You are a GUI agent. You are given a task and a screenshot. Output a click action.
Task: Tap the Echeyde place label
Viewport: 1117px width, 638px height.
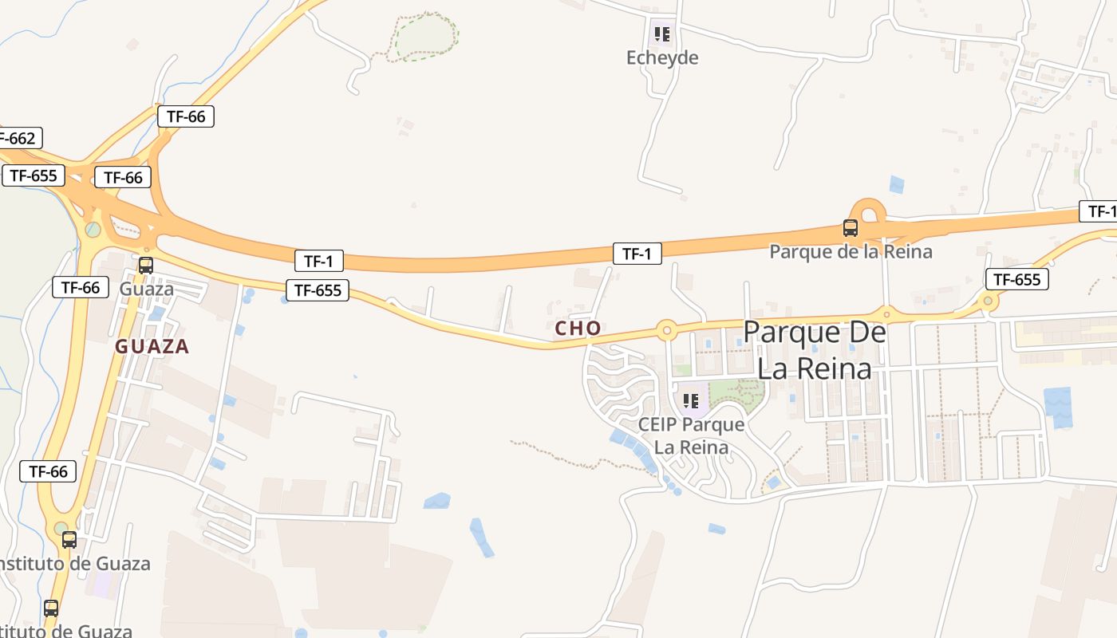click(662, 57)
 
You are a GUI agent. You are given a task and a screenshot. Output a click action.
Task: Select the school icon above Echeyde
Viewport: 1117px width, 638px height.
click(661, 34)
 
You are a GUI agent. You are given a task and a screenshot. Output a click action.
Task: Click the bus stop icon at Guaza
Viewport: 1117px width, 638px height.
click(145, 265)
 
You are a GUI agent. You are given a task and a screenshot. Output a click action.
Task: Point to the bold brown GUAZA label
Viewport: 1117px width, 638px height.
click(152, 346)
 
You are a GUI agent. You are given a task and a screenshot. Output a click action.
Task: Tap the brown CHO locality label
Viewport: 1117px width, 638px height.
click(578, 328)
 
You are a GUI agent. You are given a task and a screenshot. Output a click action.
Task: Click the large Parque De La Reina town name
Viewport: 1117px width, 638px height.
click(814, 350)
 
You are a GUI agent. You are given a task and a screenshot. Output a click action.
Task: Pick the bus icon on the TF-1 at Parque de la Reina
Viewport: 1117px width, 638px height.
click(850, 228)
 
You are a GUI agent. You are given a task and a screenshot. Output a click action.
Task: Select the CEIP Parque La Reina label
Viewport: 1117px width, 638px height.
click(691, 435)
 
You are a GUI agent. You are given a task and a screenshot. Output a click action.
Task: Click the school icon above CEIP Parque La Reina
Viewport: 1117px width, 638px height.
click(690, 400)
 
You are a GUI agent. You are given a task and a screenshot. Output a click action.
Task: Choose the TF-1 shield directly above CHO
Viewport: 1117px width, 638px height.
click(637, 254)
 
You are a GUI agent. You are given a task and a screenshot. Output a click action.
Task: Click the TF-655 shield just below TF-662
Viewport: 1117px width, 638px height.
click(33, 175)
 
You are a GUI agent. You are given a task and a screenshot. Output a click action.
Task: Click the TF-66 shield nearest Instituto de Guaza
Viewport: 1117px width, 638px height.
click(48, 471)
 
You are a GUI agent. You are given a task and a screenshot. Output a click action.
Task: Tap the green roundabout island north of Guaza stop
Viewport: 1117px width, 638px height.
click(93, 230)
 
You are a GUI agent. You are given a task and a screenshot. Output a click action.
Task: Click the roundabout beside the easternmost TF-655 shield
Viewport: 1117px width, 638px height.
click(988, 301)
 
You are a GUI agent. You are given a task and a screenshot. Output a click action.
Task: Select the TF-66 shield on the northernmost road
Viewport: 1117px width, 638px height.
click(186, 116)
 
